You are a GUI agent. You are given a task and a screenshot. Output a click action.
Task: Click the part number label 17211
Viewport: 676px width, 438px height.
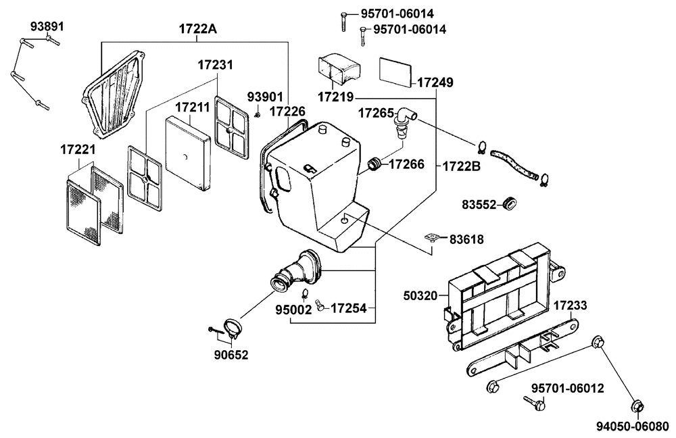[192, 107]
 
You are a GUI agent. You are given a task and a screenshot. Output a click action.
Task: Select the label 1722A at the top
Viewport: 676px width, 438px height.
[198, 29]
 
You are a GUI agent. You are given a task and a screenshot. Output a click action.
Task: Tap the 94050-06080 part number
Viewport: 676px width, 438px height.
[633, 427]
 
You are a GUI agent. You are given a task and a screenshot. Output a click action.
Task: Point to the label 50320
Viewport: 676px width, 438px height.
[420, 296]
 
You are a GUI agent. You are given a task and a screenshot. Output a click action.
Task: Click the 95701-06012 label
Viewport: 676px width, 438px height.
[567, 389]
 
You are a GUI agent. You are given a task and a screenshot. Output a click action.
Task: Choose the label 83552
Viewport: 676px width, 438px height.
[479, 204]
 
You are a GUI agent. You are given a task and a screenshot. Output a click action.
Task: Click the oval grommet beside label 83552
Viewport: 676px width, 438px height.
[510, 204]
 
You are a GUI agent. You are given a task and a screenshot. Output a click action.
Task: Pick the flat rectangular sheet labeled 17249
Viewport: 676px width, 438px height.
[395, 70]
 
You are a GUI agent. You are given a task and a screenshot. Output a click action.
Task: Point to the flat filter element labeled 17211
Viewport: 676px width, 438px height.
[187, 153]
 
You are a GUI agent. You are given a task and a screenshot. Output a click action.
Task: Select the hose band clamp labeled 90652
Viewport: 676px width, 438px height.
[233, 328]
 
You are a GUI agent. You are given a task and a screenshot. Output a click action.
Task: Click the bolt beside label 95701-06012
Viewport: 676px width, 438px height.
[534, 403]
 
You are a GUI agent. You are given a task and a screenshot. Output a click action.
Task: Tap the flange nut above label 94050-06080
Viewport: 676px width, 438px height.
[598, 342]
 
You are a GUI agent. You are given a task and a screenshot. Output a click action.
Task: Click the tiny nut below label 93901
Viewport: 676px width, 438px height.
[258, 114]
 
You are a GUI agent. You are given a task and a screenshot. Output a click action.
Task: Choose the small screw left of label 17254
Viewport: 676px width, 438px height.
[320, 305]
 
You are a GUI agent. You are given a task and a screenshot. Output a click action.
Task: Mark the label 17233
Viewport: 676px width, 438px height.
[570, 306]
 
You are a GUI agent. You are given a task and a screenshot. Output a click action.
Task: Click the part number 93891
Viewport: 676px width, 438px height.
[47, 26]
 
